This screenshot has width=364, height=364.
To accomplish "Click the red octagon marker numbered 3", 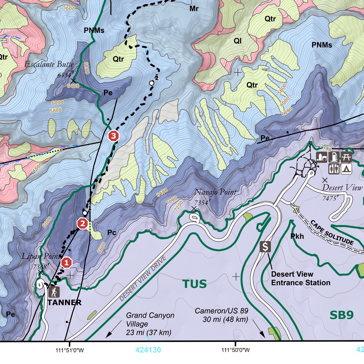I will click(113, 136).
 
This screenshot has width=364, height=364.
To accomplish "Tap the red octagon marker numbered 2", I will click(82, 224).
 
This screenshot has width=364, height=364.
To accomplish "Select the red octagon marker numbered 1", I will click(66, 263).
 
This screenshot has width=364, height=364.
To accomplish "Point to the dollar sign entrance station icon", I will click(265, 247).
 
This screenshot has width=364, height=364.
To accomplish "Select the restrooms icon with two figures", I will click(334, 169).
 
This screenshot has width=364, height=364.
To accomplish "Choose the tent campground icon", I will click(346, 169).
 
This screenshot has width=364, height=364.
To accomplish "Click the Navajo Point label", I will click(215, 192).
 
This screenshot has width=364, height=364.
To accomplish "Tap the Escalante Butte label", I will click(49, 64).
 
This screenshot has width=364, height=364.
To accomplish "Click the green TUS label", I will click(194, 284).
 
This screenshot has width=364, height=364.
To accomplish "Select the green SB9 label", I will click(342, 315).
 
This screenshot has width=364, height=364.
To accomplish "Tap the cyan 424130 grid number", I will click(148, 350).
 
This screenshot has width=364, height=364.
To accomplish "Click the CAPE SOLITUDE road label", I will click(332, 233).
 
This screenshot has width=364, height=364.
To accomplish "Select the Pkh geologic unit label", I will click(297, 236).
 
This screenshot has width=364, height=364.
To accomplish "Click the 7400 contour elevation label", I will click(325, 148).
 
